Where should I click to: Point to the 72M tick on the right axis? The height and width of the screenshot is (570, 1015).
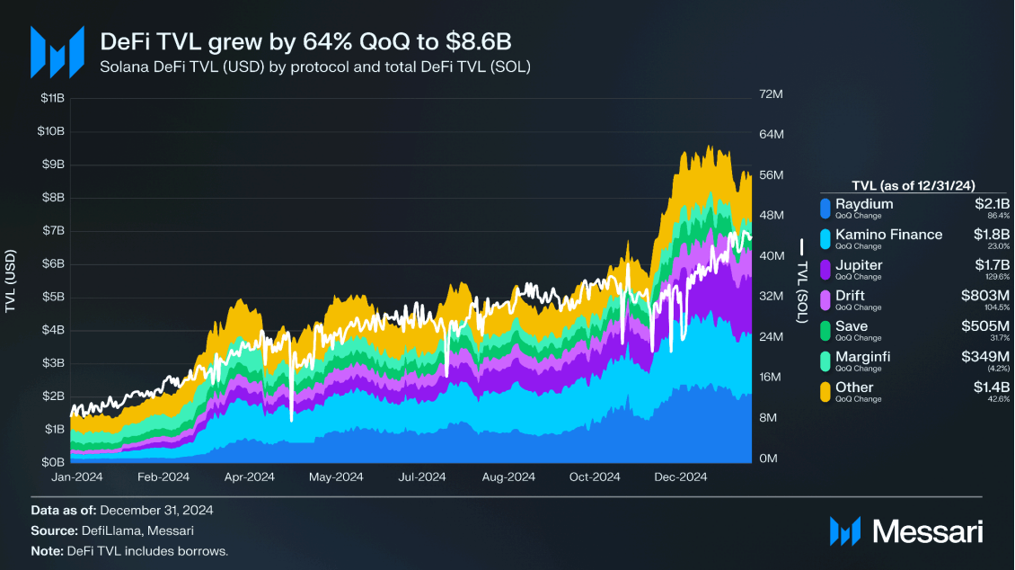pos(772,94)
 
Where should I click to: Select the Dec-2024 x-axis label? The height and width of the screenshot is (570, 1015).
pos(681,477)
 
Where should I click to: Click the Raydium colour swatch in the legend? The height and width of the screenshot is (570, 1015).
pos(825,208)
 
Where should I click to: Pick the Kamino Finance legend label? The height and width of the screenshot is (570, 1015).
pos(888,235)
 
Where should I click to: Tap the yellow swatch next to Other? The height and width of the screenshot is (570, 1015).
pos(825,391)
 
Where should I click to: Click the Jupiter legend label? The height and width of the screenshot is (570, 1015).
pos(859,265)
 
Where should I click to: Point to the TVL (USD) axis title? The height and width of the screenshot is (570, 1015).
pos(10,281)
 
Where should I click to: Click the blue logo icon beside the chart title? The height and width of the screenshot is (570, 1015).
pos(57,52)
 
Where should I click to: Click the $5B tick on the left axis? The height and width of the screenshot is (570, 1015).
pos(51,297)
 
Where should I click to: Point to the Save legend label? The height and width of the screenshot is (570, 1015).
pos(852,326)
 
